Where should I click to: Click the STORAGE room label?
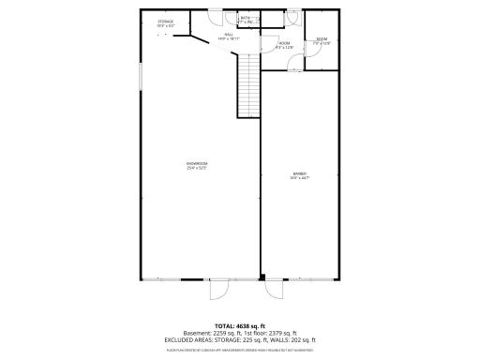[x=165, y=22]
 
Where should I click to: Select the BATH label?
[x=245, y=18]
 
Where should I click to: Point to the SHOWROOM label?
[x=197, y=163]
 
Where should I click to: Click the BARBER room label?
[x=300, y=173]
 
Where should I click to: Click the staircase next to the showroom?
[x=247, y=84]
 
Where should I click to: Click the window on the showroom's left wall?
[x=140, y=74]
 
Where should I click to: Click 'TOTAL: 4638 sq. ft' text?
[x=240, y=325]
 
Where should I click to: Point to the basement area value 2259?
[x=221, y=333]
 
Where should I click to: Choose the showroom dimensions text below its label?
[x=197, y=168]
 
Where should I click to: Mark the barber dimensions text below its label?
[x=300, y=178]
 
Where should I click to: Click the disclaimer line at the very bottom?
[x=240, y=348]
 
